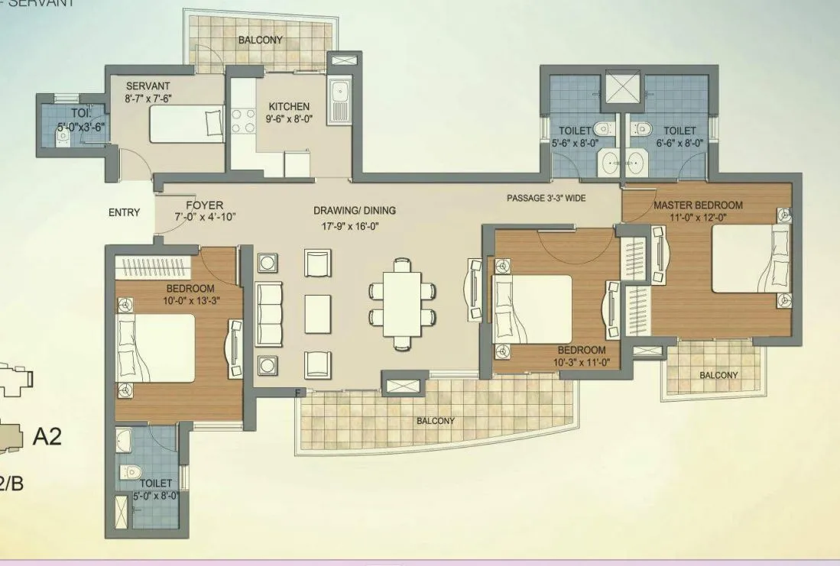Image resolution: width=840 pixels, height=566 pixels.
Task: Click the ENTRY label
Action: click(124, 212)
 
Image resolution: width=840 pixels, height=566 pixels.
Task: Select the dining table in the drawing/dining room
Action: click(402, 302)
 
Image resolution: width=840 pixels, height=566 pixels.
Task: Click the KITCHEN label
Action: click(289, 107)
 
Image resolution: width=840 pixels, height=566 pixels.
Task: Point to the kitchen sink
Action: click(339, 102)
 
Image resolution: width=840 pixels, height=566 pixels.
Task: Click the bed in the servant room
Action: click(186, 125)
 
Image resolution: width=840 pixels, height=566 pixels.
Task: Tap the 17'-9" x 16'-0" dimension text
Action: click(355, 225)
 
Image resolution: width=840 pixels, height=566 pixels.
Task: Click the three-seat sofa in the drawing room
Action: click(268, 313)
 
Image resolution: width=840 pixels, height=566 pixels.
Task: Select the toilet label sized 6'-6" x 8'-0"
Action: click(679, 131)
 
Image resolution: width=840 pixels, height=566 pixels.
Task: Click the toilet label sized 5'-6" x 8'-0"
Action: click(574, 131)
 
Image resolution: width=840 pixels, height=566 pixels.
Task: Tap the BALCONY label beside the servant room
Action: click(260, 40)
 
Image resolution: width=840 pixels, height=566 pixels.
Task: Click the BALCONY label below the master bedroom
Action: click(718, 375)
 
